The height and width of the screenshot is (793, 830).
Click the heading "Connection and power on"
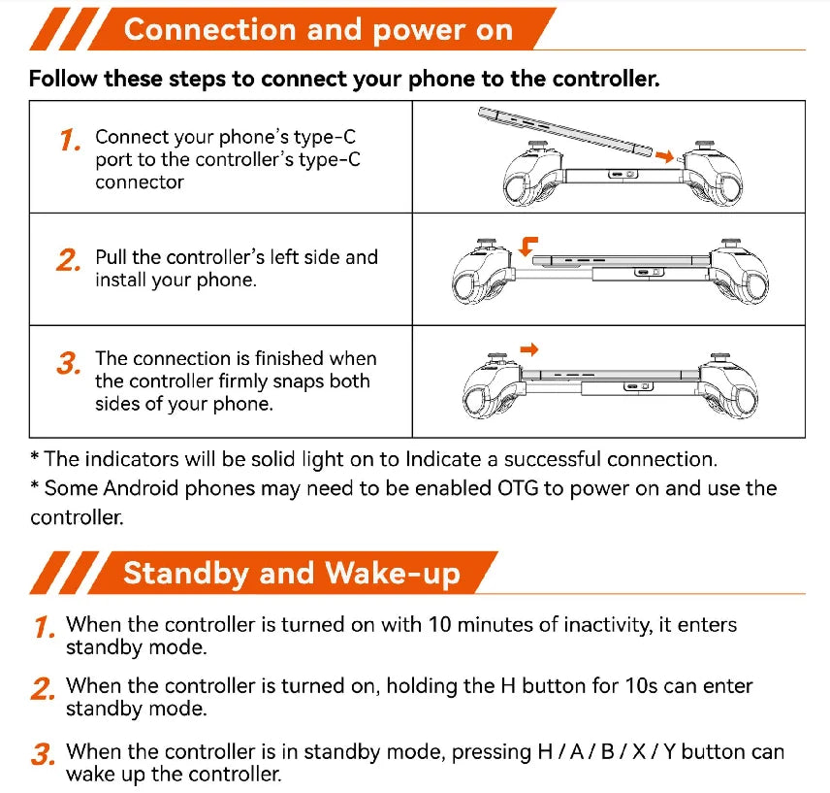point(318,30)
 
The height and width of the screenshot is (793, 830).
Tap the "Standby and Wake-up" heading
point(292,574)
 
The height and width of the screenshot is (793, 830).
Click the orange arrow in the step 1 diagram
point(664,155)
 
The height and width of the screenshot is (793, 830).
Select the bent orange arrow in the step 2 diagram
point(527,247)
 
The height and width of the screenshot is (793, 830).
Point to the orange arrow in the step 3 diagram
point(528,349)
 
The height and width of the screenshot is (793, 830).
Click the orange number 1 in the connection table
point(70,141)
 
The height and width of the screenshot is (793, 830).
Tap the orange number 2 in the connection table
point(68,261)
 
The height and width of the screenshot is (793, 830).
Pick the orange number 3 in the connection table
point(69,363)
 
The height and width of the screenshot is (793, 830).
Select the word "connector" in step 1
point(140,182)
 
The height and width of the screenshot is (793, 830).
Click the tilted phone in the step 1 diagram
point(564,131)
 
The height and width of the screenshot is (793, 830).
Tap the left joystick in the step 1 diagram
point(537,147)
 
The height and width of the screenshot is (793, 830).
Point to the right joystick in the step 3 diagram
point(721,358)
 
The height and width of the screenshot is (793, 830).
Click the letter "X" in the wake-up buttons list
point(639,751)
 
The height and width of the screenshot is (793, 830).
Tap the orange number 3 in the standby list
point(43,754)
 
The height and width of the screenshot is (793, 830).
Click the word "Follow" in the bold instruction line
point(63,79)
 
